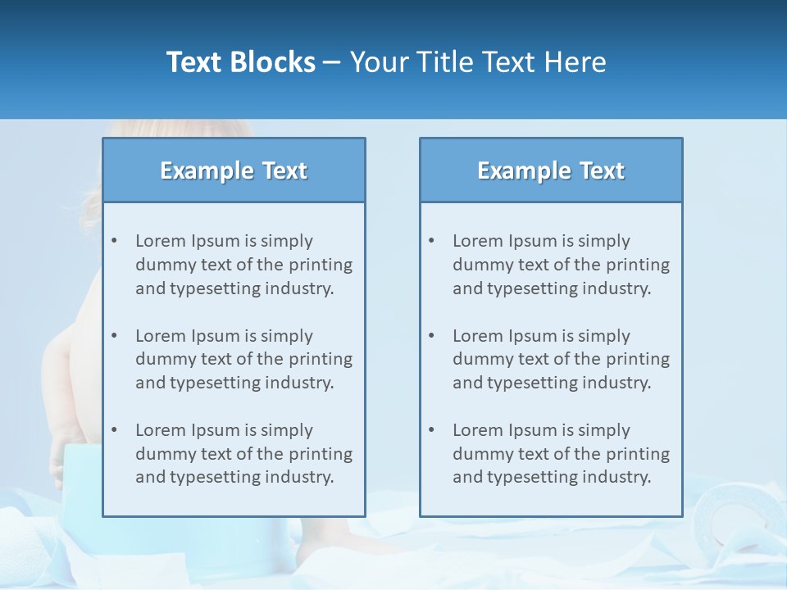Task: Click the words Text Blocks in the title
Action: click(241, 62)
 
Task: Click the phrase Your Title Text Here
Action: click(478, 62)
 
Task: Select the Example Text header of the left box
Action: click(234, 170)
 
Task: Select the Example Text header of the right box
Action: click(551, 170)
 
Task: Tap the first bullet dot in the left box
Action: click(114, 241)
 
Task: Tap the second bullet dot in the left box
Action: click(114, 336)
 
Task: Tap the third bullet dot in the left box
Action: click(114, 430)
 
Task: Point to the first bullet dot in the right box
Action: click(431, 241)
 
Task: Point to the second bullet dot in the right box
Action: click(431, 336)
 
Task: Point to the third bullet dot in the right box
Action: click(431, 430)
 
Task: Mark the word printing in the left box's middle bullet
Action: click(321, 359)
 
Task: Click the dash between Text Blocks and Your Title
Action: click(333, 63)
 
